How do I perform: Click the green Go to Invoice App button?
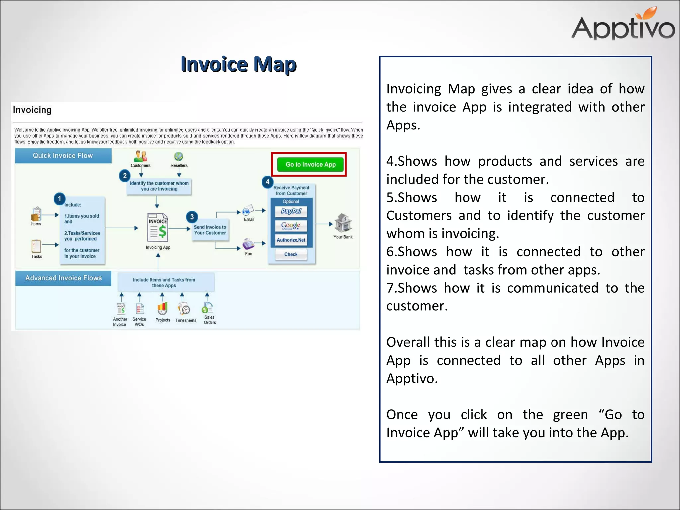click(310, 165)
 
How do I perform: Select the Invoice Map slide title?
click(238, 64)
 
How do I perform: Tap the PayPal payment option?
click(291, 212)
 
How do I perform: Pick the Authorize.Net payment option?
click(291, 240)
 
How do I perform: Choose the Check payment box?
click(291, 254)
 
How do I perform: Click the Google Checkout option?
click(291, 226)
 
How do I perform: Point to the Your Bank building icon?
click(343, 223)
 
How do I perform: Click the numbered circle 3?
click(192, 217)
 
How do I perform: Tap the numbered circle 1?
click(60, 199)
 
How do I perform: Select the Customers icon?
click(141, 156)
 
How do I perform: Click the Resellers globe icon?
click(179, 156)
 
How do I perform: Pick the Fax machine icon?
click(248, 244)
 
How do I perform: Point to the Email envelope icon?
click(248, 210)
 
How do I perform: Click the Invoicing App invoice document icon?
click(158, 228)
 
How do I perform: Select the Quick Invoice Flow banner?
click(63, 156)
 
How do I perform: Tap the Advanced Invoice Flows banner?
click(63, 278)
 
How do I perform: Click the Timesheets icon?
click(185, 309)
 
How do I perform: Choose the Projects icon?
click(162, 309)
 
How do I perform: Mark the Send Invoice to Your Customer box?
click(210, 230)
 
